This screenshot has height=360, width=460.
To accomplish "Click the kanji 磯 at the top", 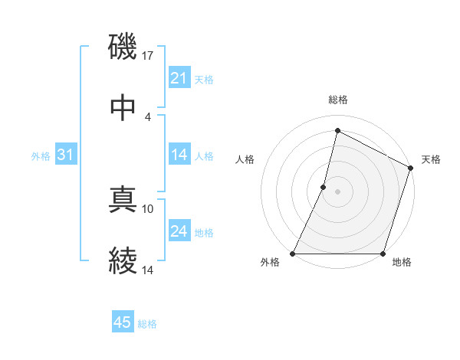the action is pos(123,47).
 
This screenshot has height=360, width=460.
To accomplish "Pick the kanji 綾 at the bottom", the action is pos(123,261).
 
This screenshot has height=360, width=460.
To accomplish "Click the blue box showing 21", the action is pos(179,78).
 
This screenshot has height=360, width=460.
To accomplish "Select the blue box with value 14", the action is pos(179,155).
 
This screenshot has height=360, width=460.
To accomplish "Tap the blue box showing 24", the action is pos(179,231).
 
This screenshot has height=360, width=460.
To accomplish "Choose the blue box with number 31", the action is pos(65,155).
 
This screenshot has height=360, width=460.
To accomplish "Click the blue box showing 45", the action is pos(123,322).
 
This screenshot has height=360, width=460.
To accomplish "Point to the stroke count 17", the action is pos(148,55).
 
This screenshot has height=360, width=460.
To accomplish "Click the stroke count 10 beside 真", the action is pos(148,208).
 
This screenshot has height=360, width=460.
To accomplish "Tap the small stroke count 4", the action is pos(147,116).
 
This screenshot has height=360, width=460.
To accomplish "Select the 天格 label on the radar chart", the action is pos(431,159).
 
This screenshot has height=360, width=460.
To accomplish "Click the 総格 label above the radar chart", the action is pos(338,100).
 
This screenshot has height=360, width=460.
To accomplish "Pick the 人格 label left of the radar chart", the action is pos(245,159).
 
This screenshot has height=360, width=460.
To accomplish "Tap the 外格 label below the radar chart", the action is pos(270,263).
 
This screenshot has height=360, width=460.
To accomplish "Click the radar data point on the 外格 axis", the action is pos(293,254).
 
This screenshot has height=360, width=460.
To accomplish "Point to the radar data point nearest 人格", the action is pos(324,187).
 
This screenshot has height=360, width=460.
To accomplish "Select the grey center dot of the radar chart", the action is pos(337,191).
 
